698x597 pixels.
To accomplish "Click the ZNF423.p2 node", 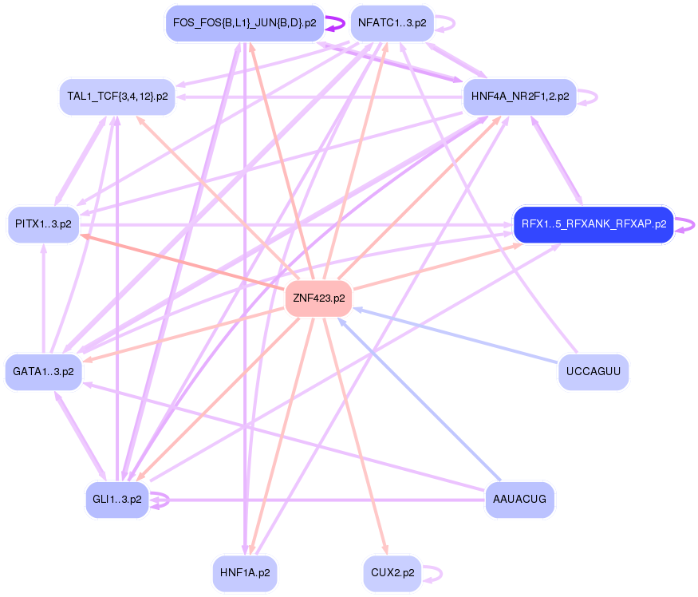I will pyautogui.click(x=319, y=298).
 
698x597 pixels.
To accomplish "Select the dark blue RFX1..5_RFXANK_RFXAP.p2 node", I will pyautogui.click(x=593, y=224).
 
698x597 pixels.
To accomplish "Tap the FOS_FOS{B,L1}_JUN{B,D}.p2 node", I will pyautogui.click(x=244, y=23).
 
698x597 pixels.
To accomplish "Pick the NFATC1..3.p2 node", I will pyautogui.click(x=391, y=23).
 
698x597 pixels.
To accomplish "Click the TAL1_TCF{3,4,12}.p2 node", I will pyautogui.click(x=117, y=97).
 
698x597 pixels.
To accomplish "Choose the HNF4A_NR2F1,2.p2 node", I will pyautogui.click(x=520, y=97).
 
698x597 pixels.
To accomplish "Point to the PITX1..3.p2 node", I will pyautogui.click(x=43, y=224).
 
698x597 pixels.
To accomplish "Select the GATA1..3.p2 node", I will pyautogui.click(x=43, y=372).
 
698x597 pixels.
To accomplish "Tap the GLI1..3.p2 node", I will pyautogui.click(x=117, y=500).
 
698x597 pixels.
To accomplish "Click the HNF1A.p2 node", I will pyautogui.click(x=245, y=573).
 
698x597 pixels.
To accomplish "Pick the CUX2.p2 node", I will pyautogui.click(x=392, y=573).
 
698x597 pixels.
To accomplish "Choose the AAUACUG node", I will pyautogui.click(x=519, y=500).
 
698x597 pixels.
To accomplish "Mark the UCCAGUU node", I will pyautogui.click(x=593, y=372).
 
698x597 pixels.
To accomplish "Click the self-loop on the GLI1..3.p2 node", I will pyautogui.click(x=162, y=500).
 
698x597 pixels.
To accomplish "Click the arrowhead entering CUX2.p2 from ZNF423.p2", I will pyautogui.click(x=386, y=549).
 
